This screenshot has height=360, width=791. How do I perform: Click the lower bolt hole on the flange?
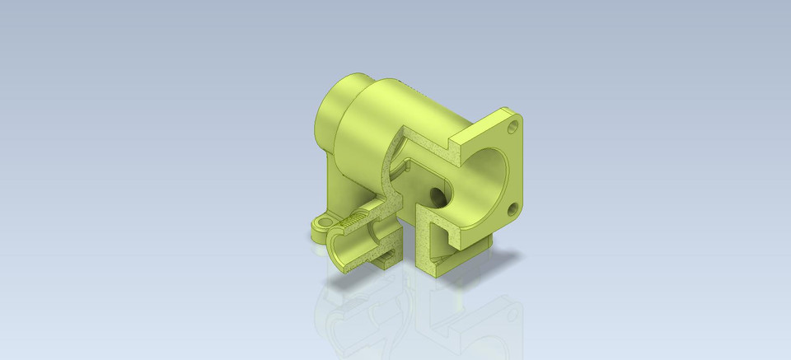coord(513,207)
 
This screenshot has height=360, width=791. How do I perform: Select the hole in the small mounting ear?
coord(324,222)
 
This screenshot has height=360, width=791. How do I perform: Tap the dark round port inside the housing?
coord(439,196)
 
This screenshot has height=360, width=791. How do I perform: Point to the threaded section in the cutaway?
coord(353,220)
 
